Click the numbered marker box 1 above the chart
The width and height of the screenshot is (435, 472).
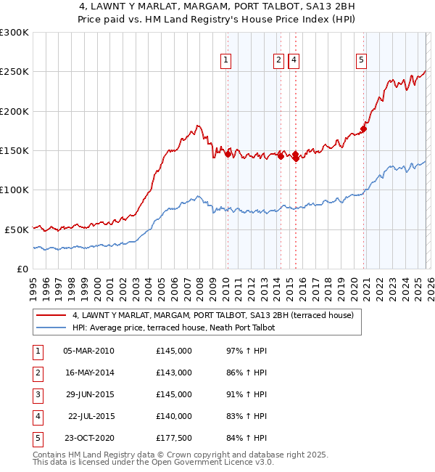[x=226, y=60]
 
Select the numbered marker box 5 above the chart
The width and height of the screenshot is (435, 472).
[x=361, y=60]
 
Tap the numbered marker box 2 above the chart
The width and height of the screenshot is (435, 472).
[x=279, y=60]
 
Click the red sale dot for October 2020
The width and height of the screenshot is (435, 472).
[x=364, y=129]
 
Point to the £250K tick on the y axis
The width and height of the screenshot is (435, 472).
[x=14, y=72]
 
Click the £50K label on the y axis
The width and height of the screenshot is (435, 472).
[x=17, y=229]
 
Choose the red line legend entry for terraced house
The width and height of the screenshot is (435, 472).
[x=212, y=315]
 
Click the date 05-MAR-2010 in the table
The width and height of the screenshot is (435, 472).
[x=88, y=351]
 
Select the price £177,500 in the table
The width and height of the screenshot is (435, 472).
[x=174, y=438]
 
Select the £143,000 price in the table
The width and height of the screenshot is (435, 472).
[x=174, y=373]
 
